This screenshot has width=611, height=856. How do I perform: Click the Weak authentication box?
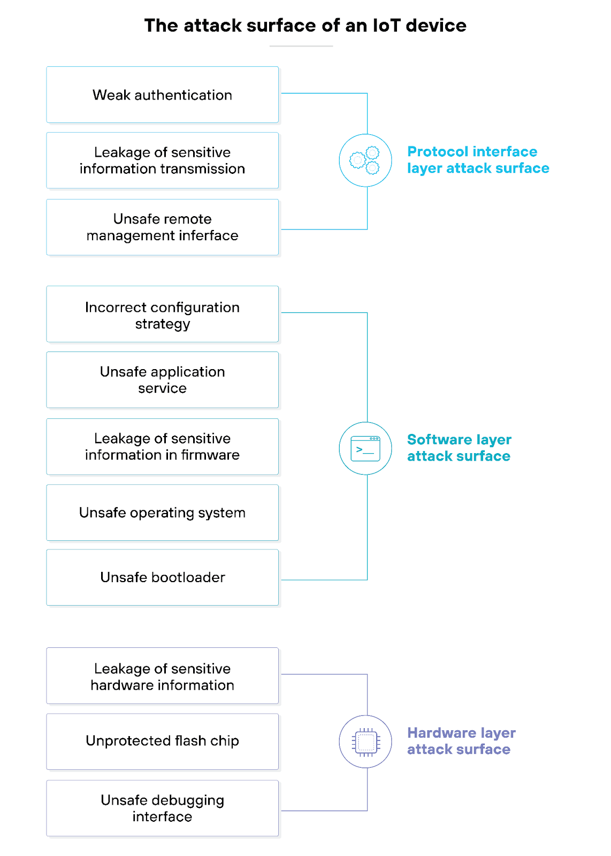coord(162,95)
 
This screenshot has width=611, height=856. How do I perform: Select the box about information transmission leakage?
coord(162,160)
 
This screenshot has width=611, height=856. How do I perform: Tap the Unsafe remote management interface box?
coord(162,227)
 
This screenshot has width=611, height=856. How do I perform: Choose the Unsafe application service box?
coord(162,380)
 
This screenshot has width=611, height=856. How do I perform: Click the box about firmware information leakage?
coord(162,447)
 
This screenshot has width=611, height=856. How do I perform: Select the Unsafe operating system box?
coord(162,513)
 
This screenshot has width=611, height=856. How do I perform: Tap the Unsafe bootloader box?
coord(162,577)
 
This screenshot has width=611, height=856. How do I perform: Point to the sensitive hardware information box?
coord(162,676)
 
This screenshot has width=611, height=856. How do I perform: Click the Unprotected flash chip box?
coord(162,742)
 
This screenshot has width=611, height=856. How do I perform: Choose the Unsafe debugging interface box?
coord(162,808)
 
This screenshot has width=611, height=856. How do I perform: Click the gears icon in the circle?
coord(365,160)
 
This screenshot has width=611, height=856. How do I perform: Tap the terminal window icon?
coord(365,448)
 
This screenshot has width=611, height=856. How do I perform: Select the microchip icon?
coord(365,742)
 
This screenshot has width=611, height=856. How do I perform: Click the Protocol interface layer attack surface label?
coord(478,160)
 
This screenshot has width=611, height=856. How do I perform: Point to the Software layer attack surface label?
coord(459,448)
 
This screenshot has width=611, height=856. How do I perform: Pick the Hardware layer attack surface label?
coord(461,741)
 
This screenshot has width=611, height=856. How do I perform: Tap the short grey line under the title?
coord(301,46)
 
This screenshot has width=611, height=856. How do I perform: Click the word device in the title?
coord(436,25)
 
